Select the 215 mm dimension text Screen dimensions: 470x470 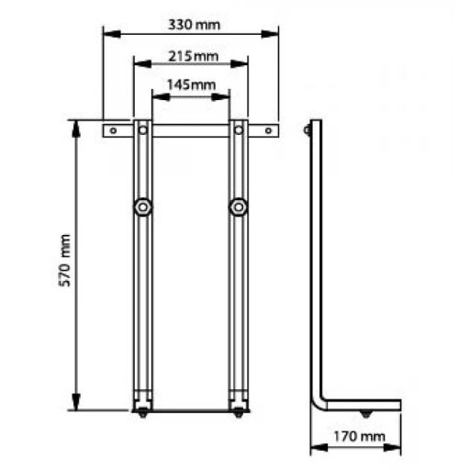point(191,56)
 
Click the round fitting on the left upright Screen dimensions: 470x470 point(142,207)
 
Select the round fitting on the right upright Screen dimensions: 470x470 point(239,207)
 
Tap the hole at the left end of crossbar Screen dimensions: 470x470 point(113,130)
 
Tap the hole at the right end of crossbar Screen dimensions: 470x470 point(268,130)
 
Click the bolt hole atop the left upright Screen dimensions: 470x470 point(142,130)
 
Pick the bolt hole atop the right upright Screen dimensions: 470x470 point(239,130)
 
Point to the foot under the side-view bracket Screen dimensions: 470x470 point(367,416)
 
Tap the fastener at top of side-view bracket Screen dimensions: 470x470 point(308,130)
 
